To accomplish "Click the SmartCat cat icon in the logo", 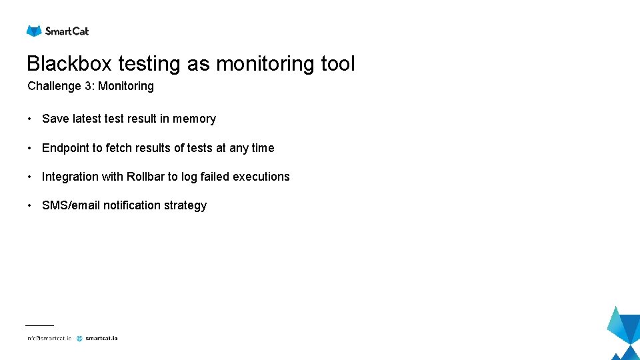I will (x=34, y=31).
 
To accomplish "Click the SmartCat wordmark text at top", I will (x=67, y=31).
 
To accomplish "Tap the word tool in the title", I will (x=338, y=64).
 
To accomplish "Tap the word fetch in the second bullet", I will (x=119, y=148).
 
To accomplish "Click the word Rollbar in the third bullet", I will (x=145, y=177).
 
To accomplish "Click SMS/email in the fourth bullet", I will (x=71, y=205).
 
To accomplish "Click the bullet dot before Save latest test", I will (x=30, y=119).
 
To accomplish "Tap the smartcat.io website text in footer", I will (x=101, y=338).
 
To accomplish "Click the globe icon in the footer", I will (x=79, y=338).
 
